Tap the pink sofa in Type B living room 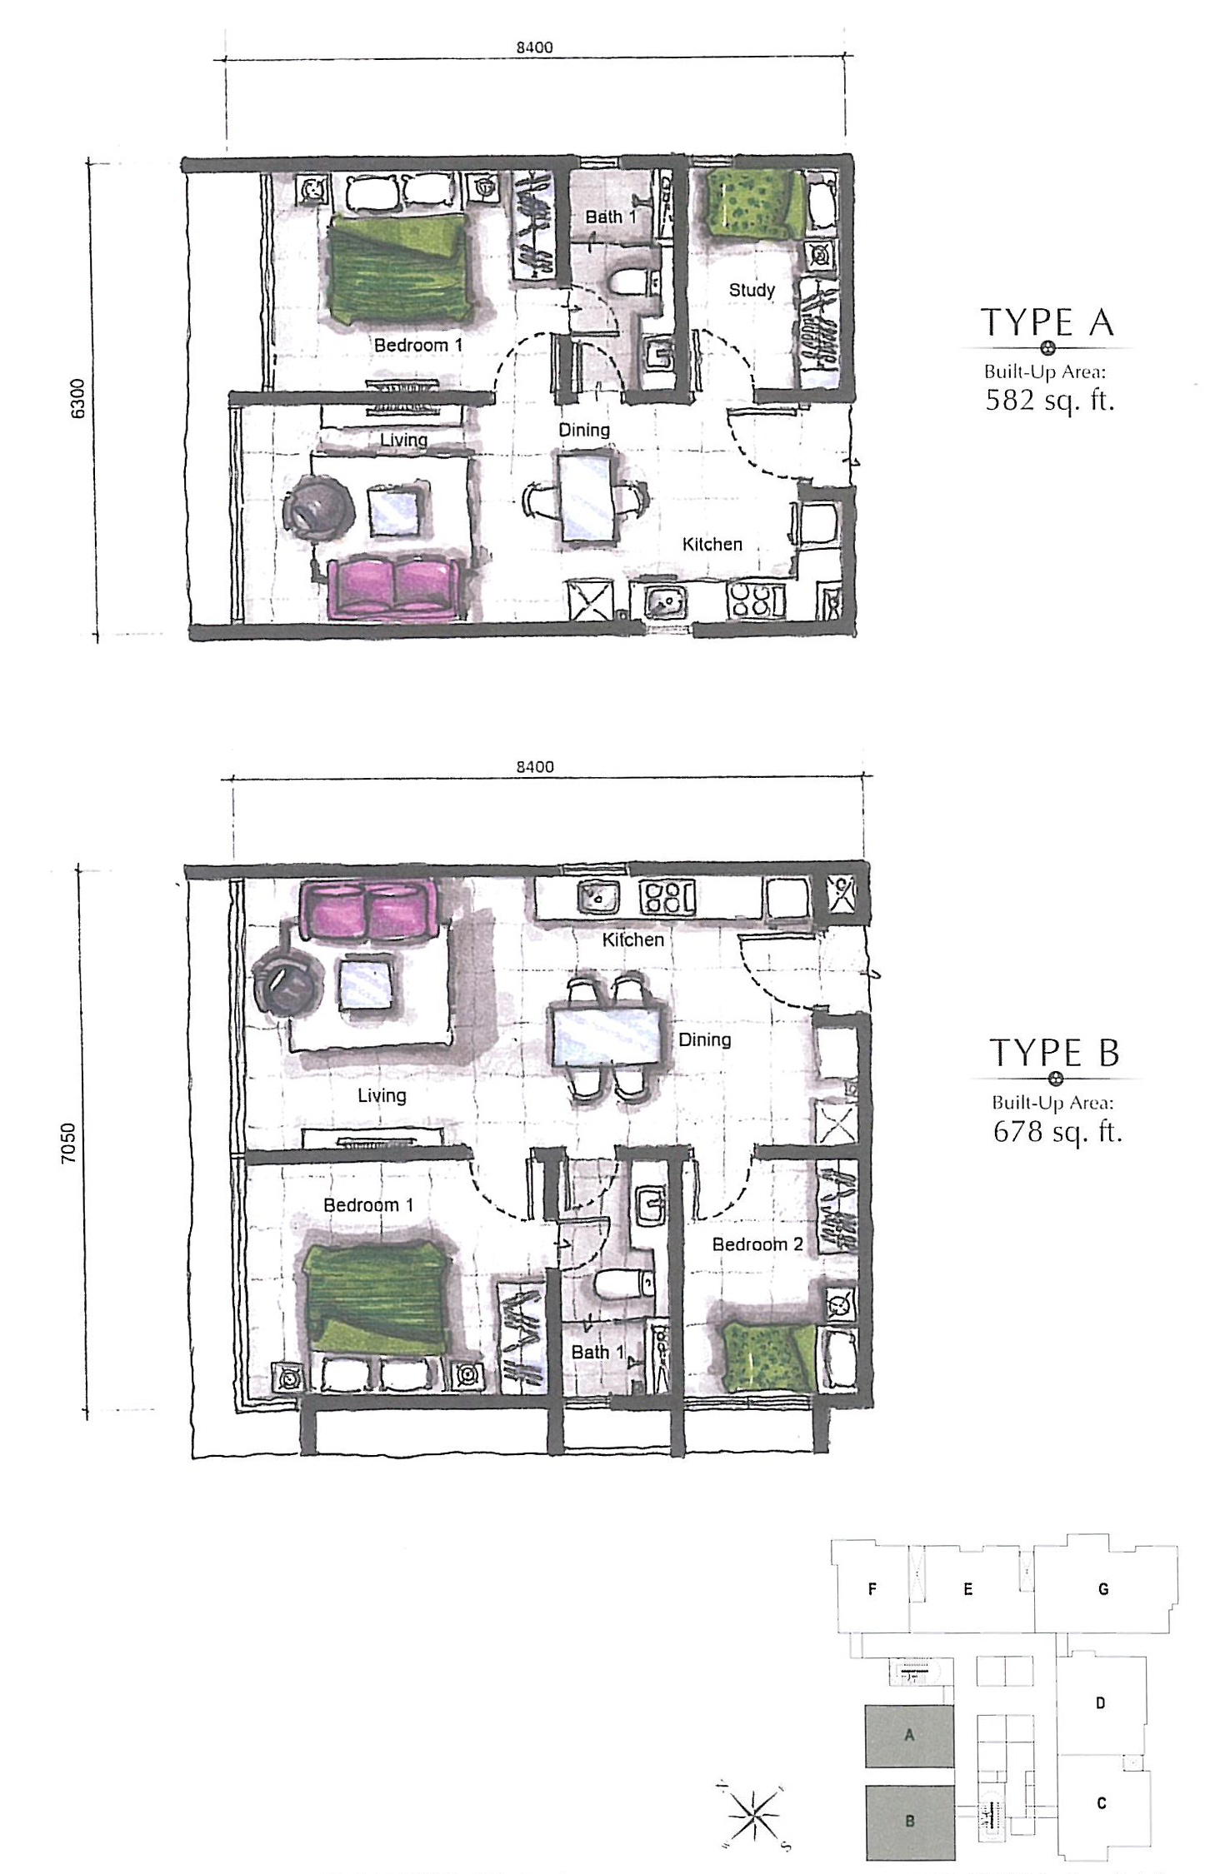click(x=367, y=910)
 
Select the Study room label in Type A click(x=752, y=290)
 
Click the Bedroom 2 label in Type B click(x=757, y=1244)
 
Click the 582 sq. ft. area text click(x=1049, y=401)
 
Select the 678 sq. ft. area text click(x=1057, y=1132)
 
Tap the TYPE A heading click(x=1047, y=322)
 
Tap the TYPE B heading click(x=1054, y=1053)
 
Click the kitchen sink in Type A click(x=664, y=600)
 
